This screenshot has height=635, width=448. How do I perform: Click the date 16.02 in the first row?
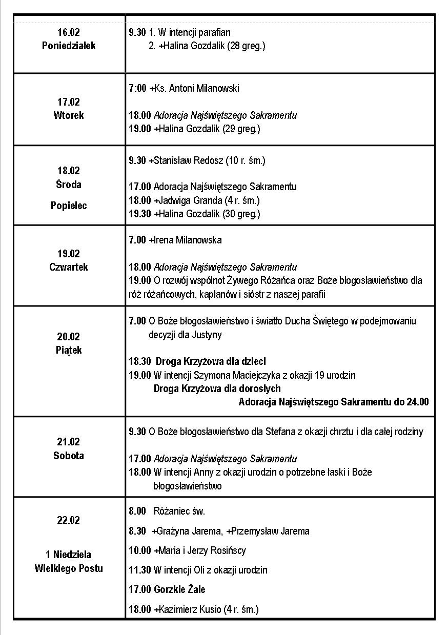[x=68, y=32]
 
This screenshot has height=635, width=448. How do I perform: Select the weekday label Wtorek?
[x=68, y=115]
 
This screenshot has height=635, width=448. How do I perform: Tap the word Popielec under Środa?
[x=69, y=206]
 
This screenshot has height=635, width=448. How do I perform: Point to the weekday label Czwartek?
[x=69, y=267]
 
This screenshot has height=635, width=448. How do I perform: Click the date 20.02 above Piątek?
[x=68, y=337]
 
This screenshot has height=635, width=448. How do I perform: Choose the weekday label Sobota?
[x=69, y=456]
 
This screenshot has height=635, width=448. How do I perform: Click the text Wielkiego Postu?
[x=69, y=568]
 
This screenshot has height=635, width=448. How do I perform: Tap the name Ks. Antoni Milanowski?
[x=197, y=88]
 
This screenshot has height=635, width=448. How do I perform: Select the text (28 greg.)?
[x=247, y=46]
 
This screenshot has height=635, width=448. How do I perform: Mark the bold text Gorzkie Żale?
[x=179, y=589]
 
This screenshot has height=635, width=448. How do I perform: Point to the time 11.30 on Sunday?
[x=140, y=570]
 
